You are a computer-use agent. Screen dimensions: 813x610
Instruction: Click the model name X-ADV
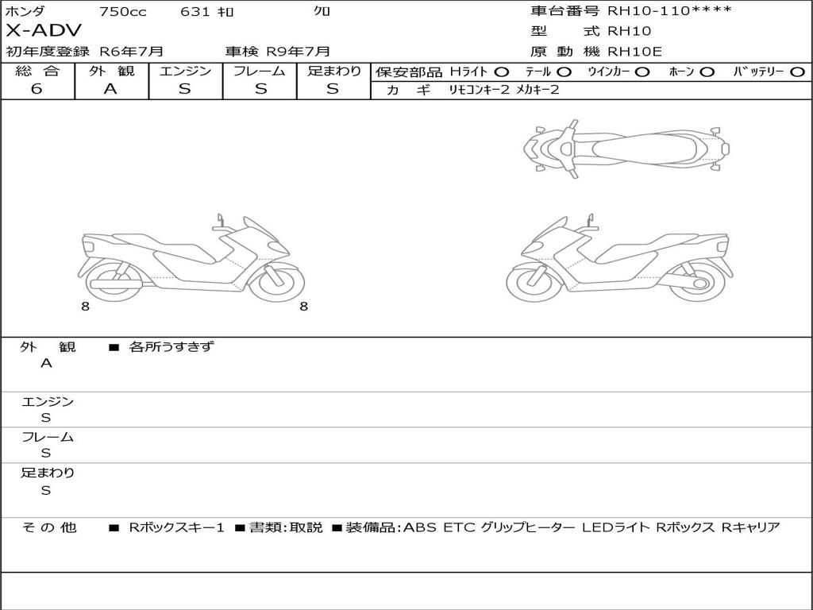(44, 31)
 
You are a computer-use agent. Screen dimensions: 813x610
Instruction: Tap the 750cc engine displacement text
(123, 11)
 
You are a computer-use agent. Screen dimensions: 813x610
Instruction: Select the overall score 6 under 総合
(37, 88)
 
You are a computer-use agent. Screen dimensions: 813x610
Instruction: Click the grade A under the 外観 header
(110, 89)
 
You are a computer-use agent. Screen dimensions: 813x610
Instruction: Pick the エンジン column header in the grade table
(185, 71)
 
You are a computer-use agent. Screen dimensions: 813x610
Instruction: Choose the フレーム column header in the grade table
(260, 71)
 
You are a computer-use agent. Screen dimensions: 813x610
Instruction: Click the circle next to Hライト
(502, 72)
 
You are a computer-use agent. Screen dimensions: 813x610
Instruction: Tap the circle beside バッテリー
(797, 72)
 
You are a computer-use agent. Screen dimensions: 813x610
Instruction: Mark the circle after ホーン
(707, 72)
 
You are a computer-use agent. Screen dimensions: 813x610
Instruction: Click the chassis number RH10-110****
(669, 11)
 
